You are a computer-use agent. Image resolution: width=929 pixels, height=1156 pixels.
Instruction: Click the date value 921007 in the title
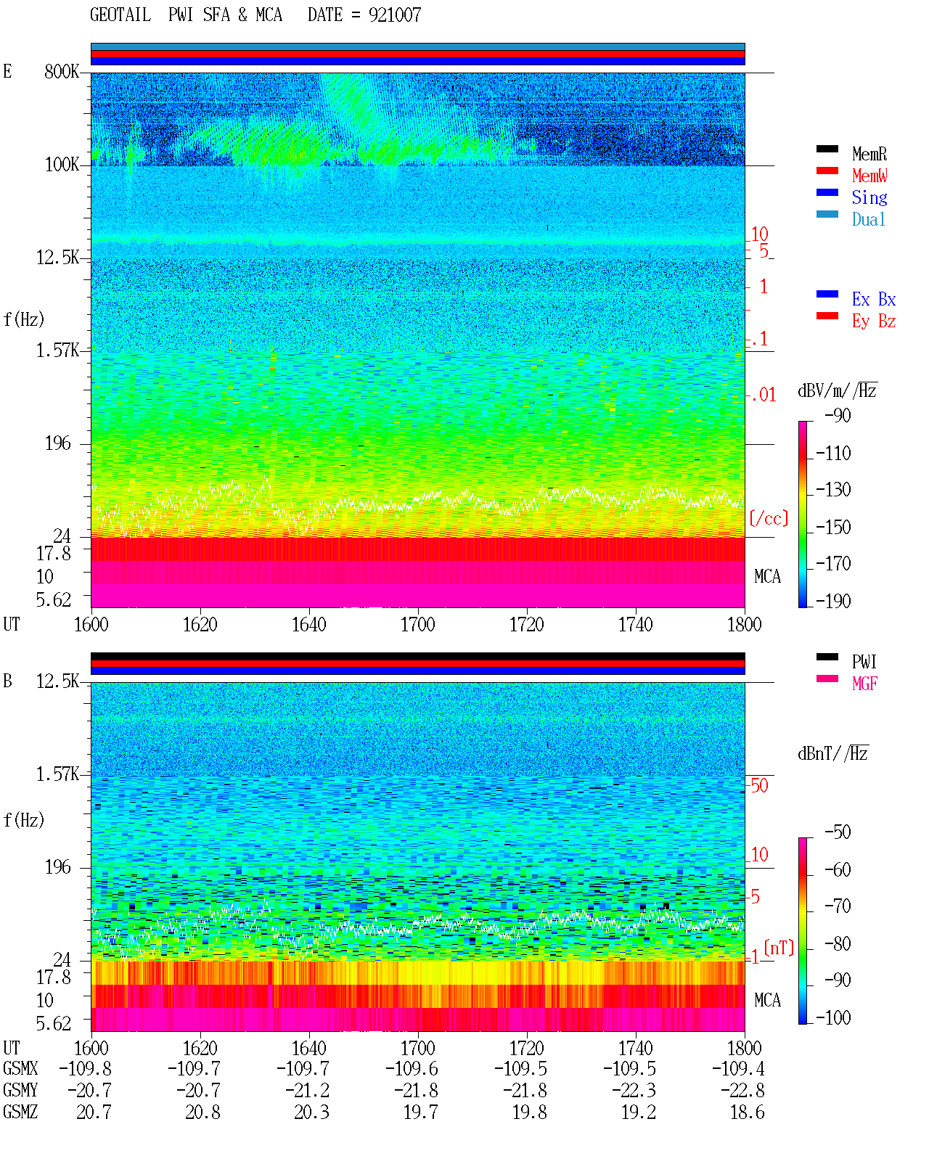tap(394, 15)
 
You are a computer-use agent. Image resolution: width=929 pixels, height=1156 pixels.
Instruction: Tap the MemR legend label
tap(869, 154)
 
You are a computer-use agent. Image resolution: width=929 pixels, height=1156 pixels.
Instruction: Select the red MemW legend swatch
tap(827, 171)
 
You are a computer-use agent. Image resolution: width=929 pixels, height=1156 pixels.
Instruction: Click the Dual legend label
tap(868, 220)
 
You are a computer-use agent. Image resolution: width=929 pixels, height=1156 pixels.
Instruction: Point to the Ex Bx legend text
tap(873, 299)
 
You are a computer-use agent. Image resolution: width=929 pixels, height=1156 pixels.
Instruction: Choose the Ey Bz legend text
tap(873, 321)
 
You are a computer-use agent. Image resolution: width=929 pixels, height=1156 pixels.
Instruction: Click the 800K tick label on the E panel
tap(62, 71)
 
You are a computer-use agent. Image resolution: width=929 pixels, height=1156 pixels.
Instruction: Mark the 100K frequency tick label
tap(62, 165)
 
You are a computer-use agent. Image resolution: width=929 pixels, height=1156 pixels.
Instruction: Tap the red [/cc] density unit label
tap(769, 518)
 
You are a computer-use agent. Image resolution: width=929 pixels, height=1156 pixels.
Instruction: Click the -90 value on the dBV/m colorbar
tap(837, 415)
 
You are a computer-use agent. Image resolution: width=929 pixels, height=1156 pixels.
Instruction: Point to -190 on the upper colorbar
tap(833, 601)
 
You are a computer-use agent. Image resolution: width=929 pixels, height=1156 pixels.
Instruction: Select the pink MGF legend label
tap(864, 684)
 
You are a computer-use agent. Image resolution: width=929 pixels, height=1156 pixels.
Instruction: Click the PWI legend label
tap(864, 662)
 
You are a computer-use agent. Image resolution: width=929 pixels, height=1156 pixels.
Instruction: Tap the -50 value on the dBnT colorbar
tap(837, 832)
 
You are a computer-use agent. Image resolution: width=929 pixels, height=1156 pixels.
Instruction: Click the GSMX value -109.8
tap(85, 1069)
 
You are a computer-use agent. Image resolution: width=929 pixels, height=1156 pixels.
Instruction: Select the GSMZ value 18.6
tap(747, 1112)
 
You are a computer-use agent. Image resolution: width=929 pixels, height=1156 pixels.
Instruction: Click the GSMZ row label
tap(20, 1112)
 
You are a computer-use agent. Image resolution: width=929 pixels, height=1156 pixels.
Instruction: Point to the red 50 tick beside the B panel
tap(759, 786)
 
